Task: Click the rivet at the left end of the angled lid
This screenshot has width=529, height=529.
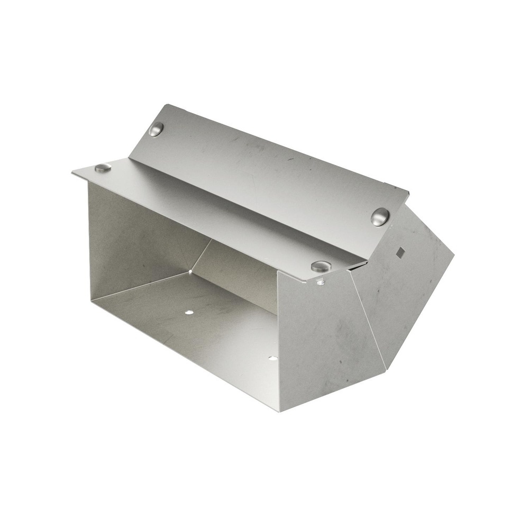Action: click(156, 129)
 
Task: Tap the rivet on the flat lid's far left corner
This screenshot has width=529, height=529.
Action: click(103, 168)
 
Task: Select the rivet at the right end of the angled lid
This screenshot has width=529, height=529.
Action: click(380, 217)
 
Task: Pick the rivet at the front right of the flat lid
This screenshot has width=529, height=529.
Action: click(321, 266)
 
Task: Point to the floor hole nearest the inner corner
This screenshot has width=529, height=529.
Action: click(189, 312)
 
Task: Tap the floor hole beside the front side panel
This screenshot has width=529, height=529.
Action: click(272, 358)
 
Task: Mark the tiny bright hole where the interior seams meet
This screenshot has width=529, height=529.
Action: click(190, 272)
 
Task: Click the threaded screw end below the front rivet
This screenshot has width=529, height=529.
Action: click(321, 282)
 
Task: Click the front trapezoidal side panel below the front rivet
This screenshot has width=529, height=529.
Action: click(323, 339)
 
